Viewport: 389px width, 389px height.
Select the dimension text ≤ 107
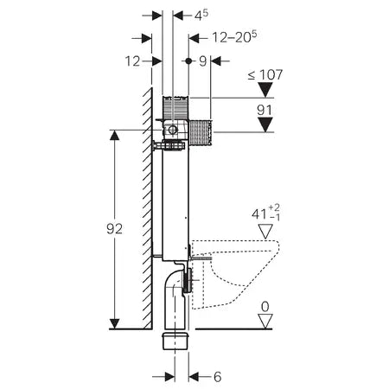(265, 75)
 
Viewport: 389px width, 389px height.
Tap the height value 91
(265, 110)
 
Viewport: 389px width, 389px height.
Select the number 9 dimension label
(202, 61)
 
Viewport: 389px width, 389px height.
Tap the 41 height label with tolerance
(260, 212)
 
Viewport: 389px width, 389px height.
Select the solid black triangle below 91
(265, 126)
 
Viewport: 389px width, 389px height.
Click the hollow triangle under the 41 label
(265, 231)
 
